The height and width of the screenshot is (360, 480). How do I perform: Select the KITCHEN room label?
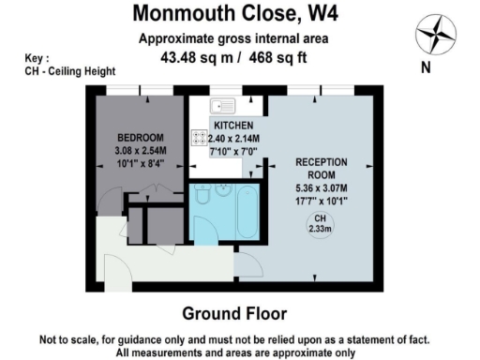[x=232, y=125]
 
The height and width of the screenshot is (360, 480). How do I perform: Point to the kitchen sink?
[x=225, y=106]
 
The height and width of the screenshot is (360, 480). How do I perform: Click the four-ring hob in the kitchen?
[x=200, y=138]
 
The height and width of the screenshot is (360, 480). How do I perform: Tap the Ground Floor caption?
[x=234, y=313]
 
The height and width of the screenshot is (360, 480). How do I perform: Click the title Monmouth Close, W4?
[x=234, y=14]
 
